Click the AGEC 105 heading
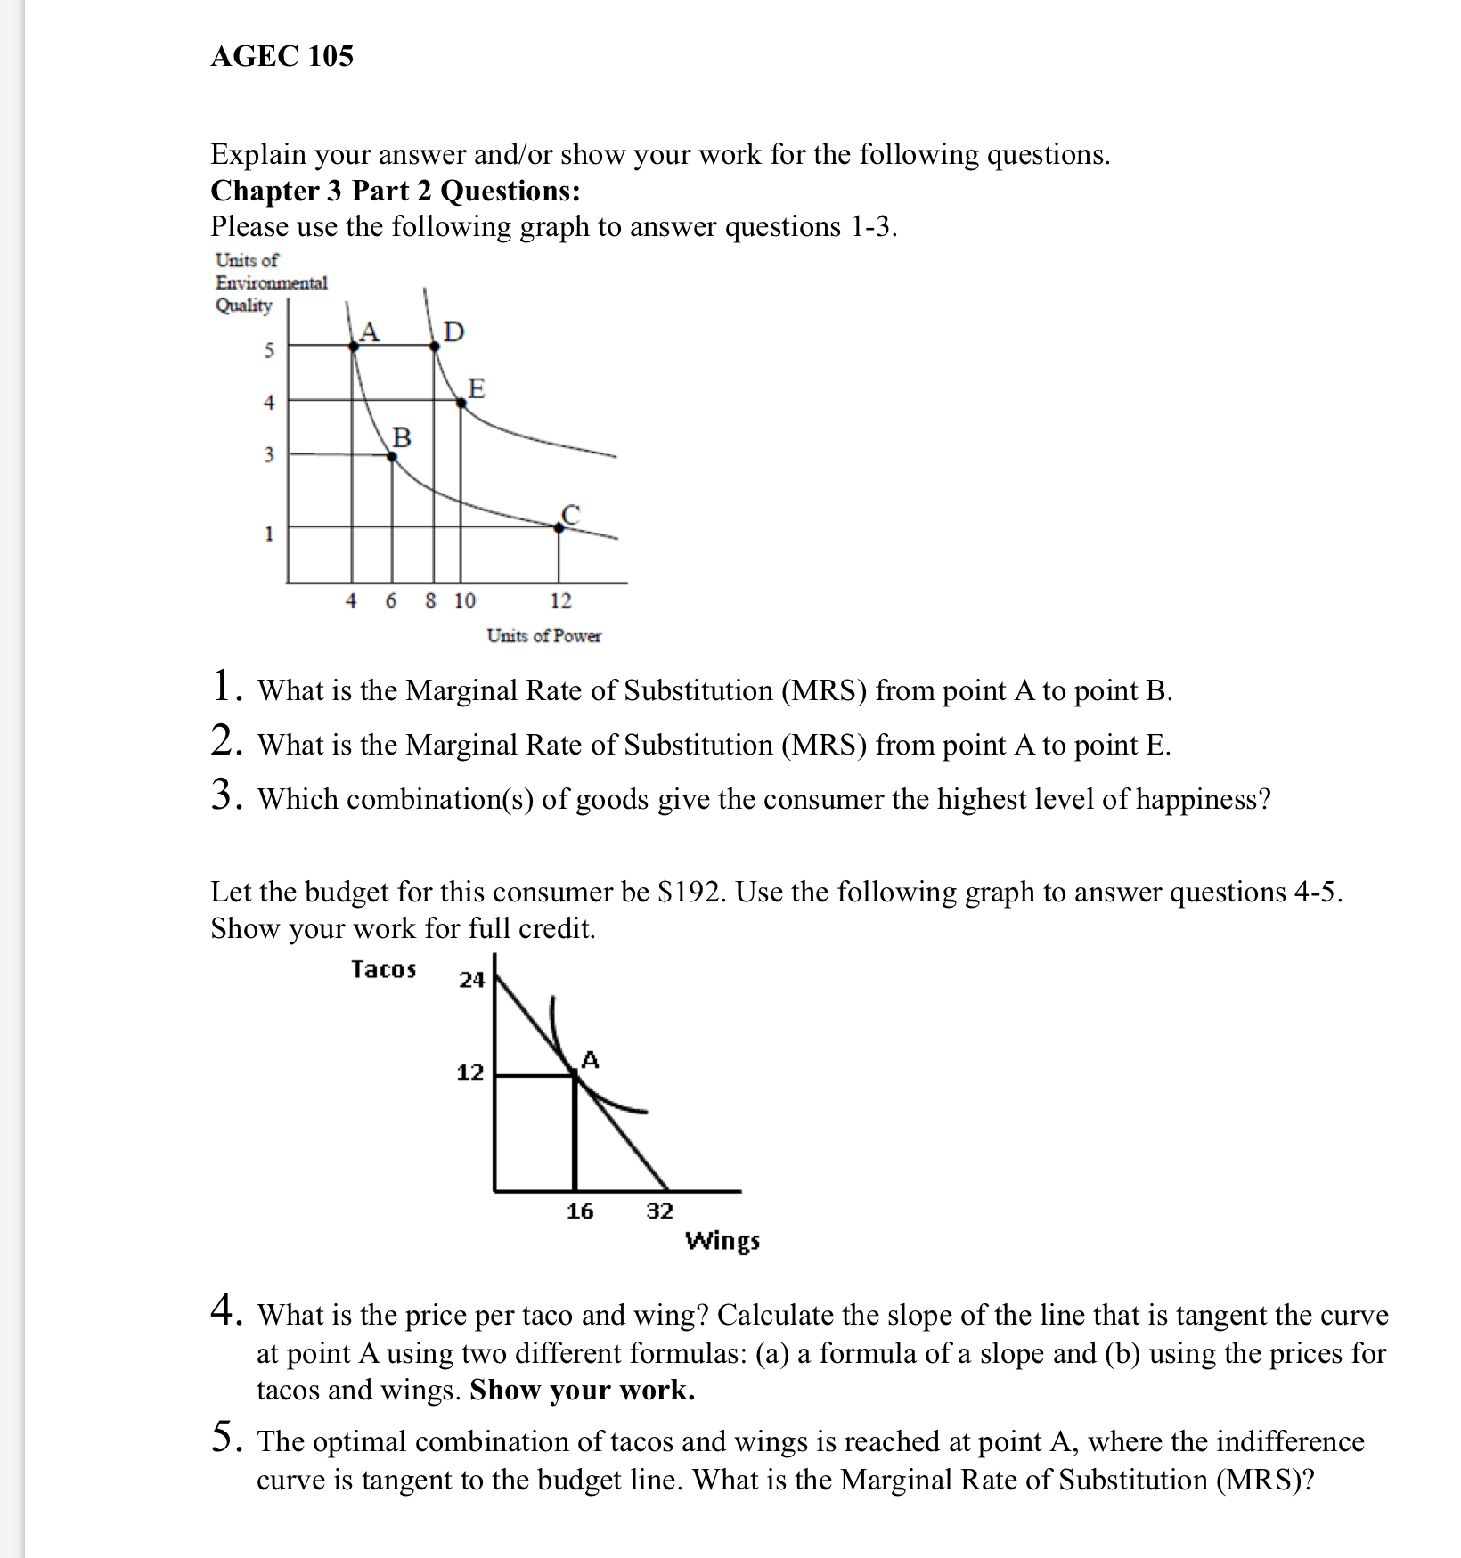point(282,56)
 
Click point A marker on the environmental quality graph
point(354,346)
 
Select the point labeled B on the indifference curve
point(392,456)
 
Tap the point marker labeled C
point(559,527)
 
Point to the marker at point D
point(434,346)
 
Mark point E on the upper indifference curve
point(461,404)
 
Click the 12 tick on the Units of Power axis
point(560,601)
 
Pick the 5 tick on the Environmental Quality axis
point(269,350)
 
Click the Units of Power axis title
point(543,636)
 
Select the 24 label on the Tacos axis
point(471,980)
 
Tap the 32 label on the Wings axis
point(659,1211)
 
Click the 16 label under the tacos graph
point(580,1211)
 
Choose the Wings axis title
point(722,1241)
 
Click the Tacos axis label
point(383,969)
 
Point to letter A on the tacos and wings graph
point(590,1060)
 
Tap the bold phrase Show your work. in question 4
point(582,1390)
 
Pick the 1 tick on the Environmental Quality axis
point(269,534)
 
